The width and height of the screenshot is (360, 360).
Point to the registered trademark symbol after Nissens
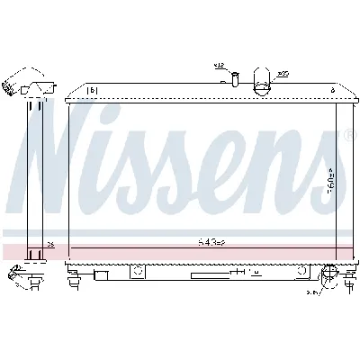coord(347,135)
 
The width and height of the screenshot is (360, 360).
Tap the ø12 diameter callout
coord(219,66)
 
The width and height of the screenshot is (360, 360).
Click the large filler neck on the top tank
coord(261,81)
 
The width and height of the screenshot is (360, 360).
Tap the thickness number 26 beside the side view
coord(49,243)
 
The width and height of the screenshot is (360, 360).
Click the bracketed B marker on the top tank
coord(91,90)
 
